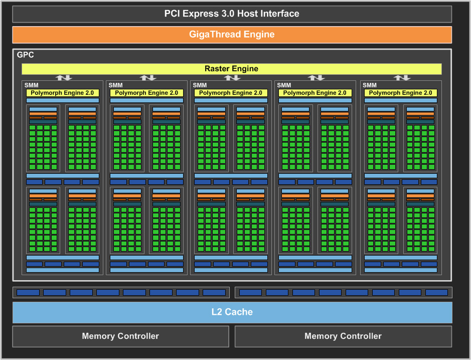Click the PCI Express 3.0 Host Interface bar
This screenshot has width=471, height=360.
pos(232,14)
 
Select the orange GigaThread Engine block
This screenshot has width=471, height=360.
pos(232,35)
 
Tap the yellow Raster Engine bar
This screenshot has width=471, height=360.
pos(231,69)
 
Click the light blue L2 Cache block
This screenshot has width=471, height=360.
pos(232,312)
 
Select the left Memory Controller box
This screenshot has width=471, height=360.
pos(120,336)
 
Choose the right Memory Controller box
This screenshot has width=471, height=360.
pos(343,336)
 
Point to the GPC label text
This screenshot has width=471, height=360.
pos(26,55)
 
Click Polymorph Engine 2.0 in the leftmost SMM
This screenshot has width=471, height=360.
pos(62,93)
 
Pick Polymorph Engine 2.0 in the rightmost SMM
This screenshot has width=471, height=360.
pos(400,93)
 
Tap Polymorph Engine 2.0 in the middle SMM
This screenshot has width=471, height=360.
pos(230,93)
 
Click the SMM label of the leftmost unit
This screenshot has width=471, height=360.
pos(31,85)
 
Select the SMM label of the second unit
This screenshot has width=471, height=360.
pos(115,85)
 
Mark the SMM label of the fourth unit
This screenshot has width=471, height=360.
pos(284,85)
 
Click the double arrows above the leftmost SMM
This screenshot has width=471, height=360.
pos(63,78)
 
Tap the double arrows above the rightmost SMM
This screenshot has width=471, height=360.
pos(401,78)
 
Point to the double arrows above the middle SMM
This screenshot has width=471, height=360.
pos(232,78)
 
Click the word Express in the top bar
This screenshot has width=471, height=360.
pos(201,14)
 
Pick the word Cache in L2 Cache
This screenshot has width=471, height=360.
pos(239,312)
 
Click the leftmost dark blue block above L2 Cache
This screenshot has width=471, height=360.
pos(28,292)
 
